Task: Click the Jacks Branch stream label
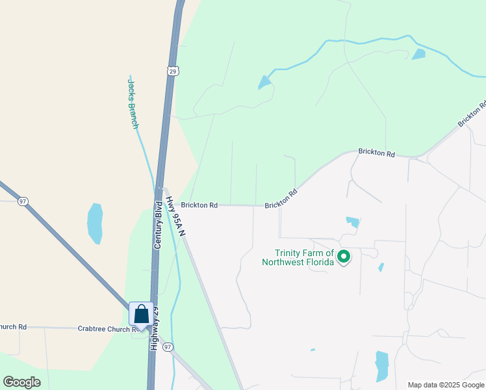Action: (133, 103)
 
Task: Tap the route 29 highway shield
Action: (172, 70)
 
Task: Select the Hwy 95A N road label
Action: (175, 216)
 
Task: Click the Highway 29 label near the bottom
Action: (155, 338)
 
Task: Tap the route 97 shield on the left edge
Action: (23, 201)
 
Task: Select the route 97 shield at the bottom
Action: (168, 347)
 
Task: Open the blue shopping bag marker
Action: (142, 315)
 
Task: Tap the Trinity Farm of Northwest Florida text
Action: (304, 257)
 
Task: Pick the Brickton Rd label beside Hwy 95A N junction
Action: (199, 205)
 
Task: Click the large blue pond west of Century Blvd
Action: (95, 223)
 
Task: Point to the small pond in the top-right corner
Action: (419, 55)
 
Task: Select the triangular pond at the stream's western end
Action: (264, 83)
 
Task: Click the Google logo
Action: (21, 382)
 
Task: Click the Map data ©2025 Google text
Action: (446, 385)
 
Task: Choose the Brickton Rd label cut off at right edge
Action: (472, 114)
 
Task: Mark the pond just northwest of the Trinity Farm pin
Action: (353, 222)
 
